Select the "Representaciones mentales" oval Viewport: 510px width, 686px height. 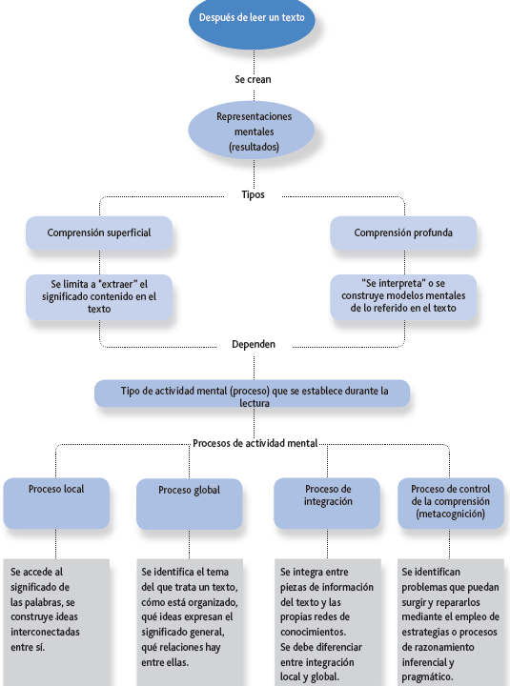(x=252, y=131)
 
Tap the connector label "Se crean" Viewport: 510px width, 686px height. (x=253, y=79)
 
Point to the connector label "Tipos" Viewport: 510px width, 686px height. (x=253, y=194)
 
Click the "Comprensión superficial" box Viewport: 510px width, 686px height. (x=99, y=232)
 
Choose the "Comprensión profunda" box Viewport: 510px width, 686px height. (x=403, y=232)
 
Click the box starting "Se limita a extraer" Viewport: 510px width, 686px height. (x=99, y=296)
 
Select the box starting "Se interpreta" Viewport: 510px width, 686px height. (x=403, y=296)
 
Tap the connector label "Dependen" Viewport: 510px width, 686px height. (x=254, y=344)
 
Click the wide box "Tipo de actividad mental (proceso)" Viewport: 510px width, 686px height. (x=253, y=393)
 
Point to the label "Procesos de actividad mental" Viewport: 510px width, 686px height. (x=255, y=443)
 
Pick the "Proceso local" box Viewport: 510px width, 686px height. (x=56, y=503)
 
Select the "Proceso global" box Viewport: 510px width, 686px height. (x=189, y=504)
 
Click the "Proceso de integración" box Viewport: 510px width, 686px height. (x=327, y=503)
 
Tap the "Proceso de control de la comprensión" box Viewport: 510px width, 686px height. (x=451, y=503)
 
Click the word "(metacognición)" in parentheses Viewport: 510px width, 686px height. (x=451, y=514)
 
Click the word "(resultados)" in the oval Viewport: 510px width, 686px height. (x=254, y=147)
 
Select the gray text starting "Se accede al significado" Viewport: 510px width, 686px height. (x=45, y=609)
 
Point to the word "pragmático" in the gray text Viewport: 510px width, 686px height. (x=426, y=677)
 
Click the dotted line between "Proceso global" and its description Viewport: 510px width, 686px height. (x=189, y=544)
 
